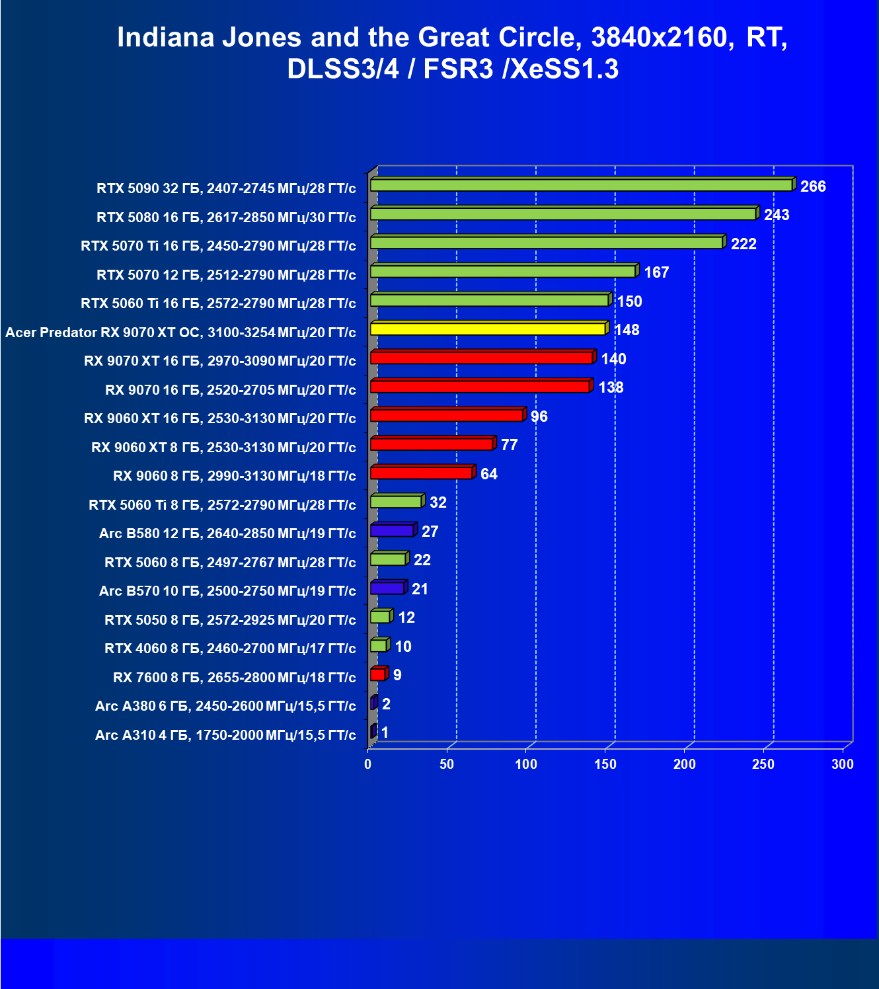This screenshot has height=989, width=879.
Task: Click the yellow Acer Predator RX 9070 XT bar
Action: click(490, 328)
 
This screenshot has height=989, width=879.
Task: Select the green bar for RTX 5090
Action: click(583, 184)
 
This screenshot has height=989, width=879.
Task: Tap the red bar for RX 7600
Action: click(379, 674)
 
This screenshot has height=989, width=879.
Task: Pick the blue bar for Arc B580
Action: click(393, 530)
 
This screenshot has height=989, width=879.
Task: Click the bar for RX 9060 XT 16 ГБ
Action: click(448, 415)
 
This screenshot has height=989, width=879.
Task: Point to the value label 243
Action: click(777, 215)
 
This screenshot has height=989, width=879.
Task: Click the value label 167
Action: click(656, 272)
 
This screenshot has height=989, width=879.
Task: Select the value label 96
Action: click(539, 416)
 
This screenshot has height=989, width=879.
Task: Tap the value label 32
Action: click(438, 503)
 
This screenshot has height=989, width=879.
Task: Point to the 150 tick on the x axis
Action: click(605, 764)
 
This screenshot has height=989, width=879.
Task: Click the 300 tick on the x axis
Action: click(843, 764)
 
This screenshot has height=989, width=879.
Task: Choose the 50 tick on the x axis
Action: click(447, 764)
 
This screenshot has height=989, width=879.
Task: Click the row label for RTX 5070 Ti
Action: click(218, 246)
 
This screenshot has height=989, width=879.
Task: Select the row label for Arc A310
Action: click(225, 735)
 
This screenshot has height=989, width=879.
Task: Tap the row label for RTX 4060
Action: click(231, 649)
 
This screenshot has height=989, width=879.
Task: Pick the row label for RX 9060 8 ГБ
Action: click(234, 476)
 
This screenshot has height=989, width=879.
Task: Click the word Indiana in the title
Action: click(166, 38)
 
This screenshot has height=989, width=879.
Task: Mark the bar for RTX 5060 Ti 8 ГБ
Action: click(397, 501)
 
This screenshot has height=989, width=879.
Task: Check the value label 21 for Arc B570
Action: click(420, 589)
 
